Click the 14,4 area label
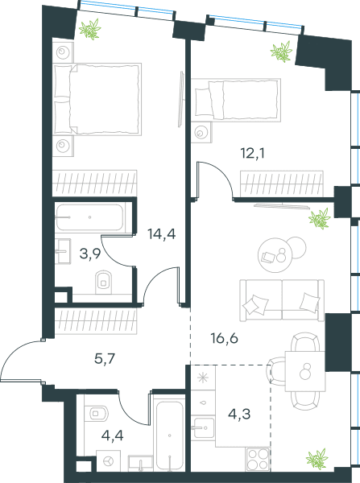162,234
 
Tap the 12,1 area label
253,153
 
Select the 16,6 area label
225,339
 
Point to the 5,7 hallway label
105,359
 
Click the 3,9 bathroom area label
90,254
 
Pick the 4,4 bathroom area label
112,436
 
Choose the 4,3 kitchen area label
239,415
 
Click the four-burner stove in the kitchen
259,460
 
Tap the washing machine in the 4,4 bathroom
108,460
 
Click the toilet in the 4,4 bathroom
97,413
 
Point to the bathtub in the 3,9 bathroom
90,217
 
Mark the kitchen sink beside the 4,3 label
203,427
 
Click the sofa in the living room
282,300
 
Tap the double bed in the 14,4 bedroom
97,99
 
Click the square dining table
305,371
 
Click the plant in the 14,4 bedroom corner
90,29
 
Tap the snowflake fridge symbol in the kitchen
203,378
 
